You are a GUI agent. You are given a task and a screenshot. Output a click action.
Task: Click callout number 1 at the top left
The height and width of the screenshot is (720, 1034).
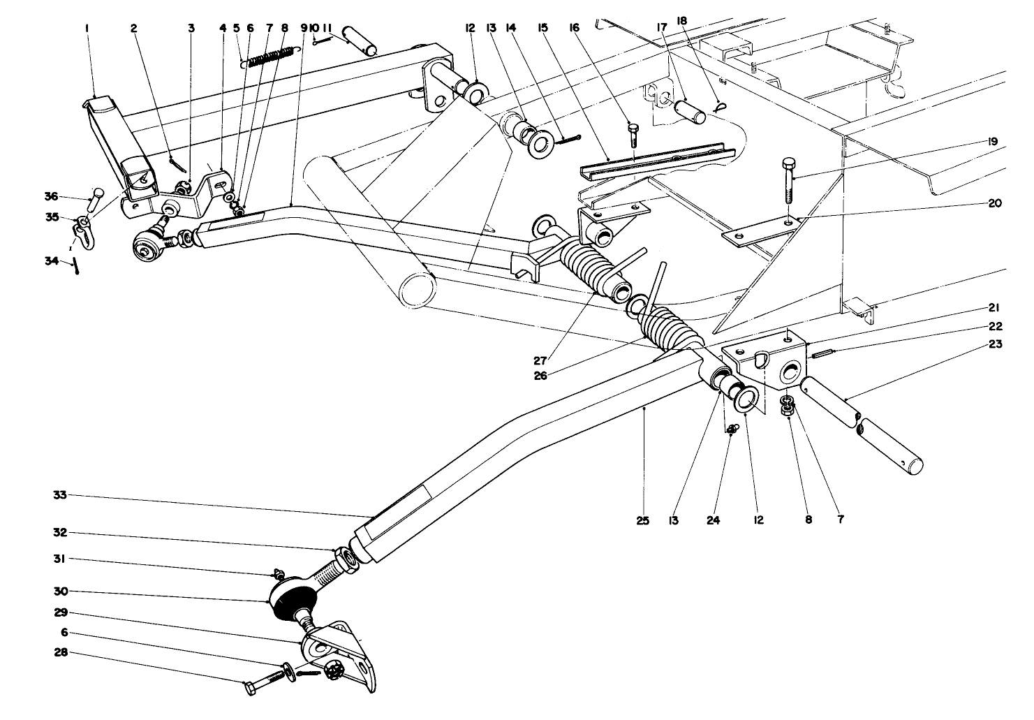87,28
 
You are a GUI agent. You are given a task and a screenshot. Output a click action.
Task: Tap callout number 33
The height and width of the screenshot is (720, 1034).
59,496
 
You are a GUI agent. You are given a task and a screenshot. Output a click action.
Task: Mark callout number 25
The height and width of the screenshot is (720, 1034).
643,520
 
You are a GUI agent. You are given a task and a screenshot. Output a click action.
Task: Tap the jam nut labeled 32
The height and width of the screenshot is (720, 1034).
347,557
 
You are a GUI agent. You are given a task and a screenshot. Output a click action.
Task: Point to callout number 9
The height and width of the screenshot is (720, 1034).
303,28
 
